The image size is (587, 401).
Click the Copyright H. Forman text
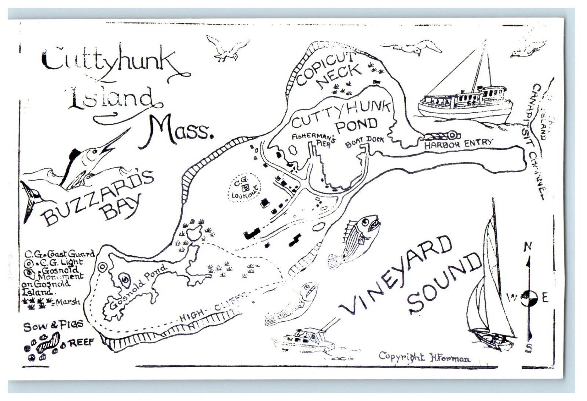click(x=424, y=357)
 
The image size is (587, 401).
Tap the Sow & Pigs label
click(x=54, y=326)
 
